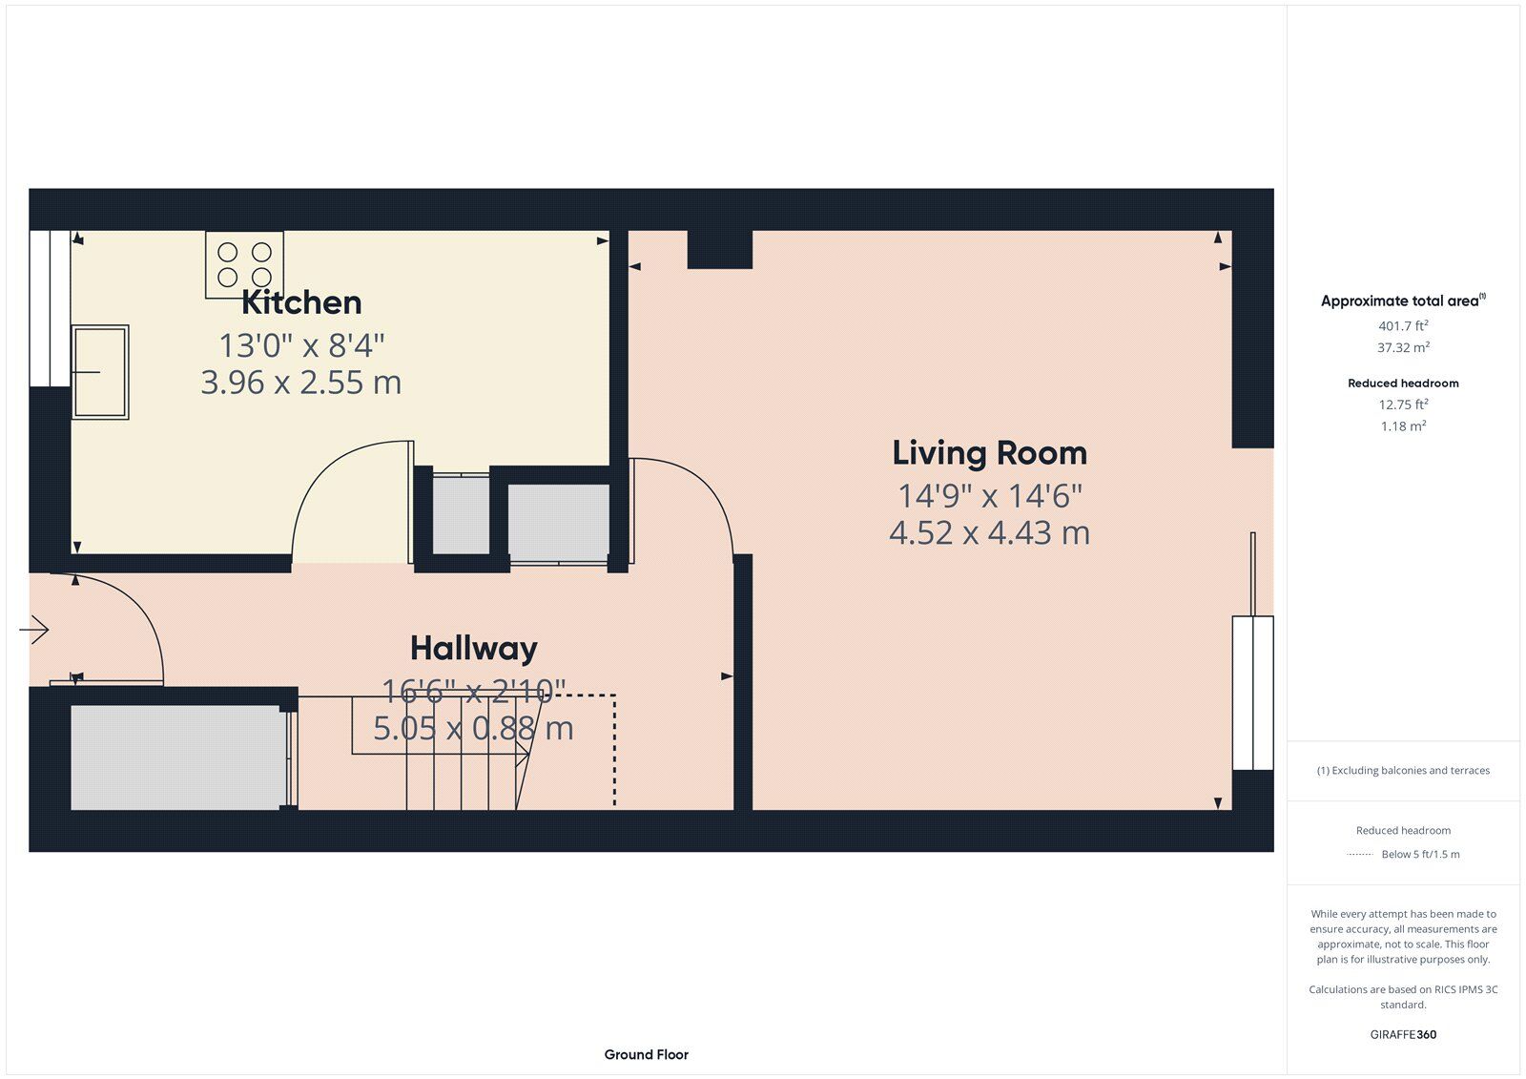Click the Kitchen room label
pyautogui.click(x=301, y=302)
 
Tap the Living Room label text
pyautogui.click(x=989, y=453)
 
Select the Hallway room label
pyautogui.click(x=473, y=649)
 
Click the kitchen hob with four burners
pyautogui.click(x=244, y=264)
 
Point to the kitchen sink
pyautogui.click(x=100, y=371)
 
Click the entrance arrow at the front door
pyautogui.click(x=34, y=629)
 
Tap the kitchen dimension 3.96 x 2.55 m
pyautogui.click(x=301, y=383)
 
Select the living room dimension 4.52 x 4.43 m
pyautogui.click(x=989, y=533)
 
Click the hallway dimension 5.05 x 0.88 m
pyautogui.click(x=473, y=729)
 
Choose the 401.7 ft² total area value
pyautogui.click(x=1403, y=326)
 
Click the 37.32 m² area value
pyautogui.click(x=1403, y=347)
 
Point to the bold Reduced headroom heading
pyautogui.click(x=1403, y=384)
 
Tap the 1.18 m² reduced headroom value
pyautogui.click(x=1403, y=426)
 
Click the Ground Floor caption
pyautogui.click(x=646, y=1054)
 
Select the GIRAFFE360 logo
pyautogui.click(x=1403, y=1034)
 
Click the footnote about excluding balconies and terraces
pyautogui.click(x=1403, y=770)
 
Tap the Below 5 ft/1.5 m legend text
pyautogui.click(x=1420, y=854)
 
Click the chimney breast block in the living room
pyautogui.click(x=719, y=249)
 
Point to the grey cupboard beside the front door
pyautogui.click(x=178, y=757)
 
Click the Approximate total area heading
pyautogui.click(x=1403, y=301)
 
